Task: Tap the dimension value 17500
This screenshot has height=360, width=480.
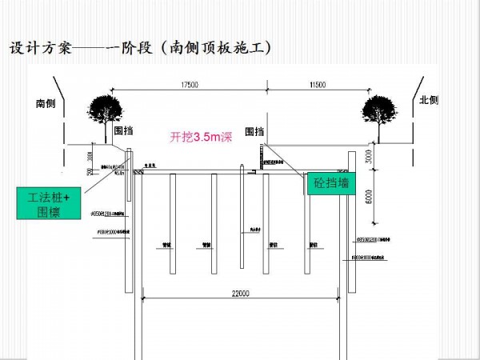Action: pyautogui.click(x=190, y=84)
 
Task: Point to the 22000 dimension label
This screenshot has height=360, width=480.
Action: pyautogui.click(x=239, y=294)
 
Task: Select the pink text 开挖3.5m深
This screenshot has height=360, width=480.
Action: pyautogui.click(x=201, y=137)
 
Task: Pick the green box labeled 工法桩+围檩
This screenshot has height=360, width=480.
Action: pyautogui.click(x=49, y=203)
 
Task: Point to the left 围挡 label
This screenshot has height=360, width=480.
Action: pyautogui.click(x=123, y=130)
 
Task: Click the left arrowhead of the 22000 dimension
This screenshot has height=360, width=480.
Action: pyautogui.click(x=144, y=299)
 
